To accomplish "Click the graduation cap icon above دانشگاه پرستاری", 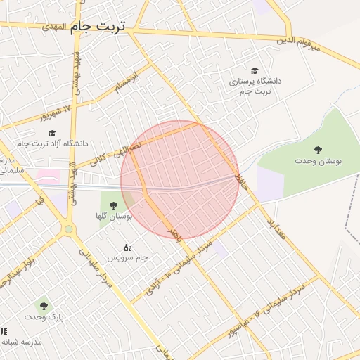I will [254, 71].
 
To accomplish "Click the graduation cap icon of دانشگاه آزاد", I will [51, 132].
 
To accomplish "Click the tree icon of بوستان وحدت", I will [319, 149].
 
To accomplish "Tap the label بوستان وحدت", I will [319, 161].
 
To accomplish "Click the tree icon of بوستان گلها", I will [113, 205].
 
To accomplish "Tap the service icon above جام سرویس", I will [127, 247].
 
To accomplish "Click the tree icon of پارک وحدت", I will [44, 306].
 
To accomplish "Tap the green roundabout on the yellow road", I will [68, 229].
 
